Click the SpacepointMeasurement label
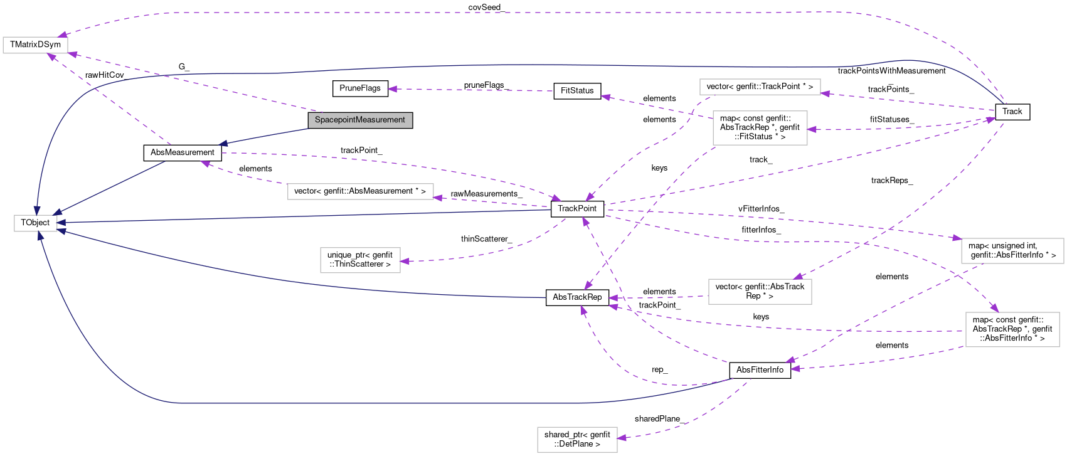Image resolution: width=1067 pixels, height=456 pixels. coord(360,120)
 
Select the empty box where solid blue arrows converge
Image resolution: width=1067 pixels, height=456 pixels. coord(36,223)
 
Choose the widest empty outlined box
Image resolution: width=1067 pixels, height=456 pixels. coord(360,191)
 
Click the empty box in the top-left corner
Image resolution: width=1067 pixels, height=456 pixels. coord(35,45)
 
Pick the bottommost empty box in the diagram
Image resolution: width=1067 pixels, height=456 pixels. coord(577,440)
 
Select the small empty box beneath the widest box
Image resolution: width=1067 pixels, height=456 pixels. coord(360,260)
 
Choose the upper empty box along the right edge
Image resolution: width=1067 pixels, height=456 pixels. coord(1012,251)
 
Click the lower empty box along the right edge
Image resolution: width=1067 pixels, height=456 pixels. coord(1012,329)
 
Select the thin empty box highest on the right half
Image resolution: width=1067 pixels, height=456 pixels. coord(760,87)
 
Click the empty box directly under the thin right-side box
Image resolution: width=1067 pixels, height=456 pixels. coord(760,128)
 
